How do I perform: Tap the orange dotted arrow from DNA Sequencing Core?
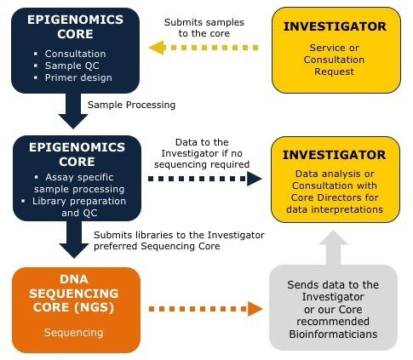coord(204,308)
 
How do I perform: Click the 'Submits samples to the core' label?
coord(204,26)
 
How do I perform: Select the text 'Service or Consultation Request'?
coord(335,62)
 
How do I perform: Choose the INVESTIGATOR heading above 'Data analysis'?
coord(335,157)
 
